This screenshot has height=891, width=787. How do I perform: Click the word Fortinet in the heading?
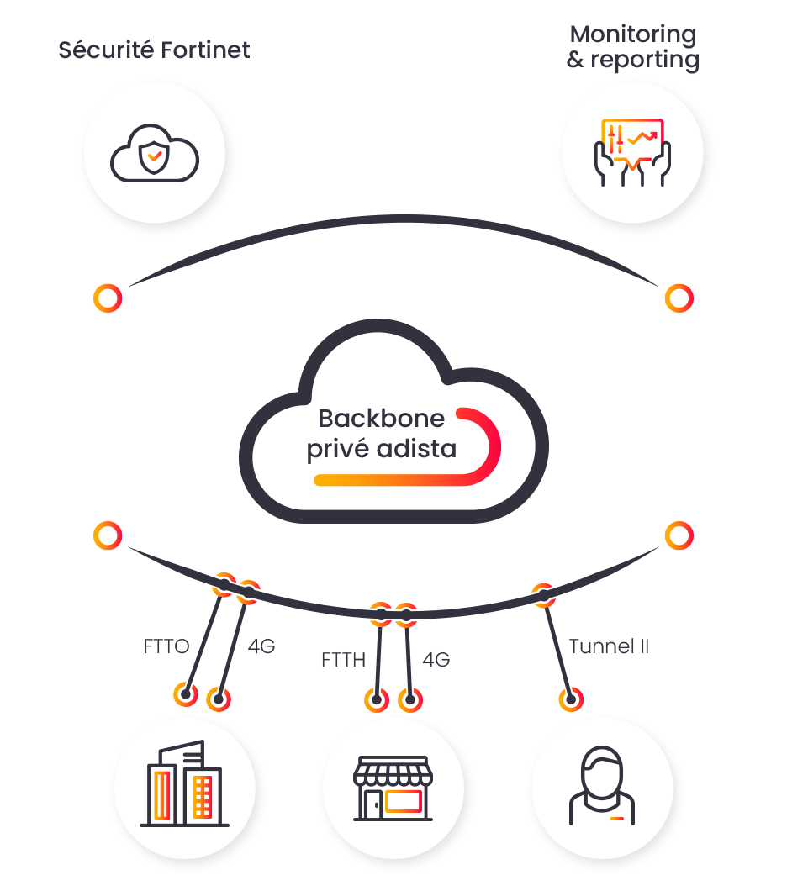click(205, 50)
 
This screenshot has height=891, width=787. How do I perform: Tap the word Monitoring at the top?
click(633, 35)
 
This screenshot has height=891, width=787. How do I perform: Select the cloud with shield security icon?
click(155, 153)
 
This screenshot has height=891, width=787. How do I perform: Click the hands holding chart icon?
click(632, 151)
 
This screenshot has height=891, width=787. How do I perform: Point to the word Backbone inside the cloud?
click(381, 419)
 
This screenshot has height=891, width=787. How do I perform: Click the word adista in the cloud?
click(416, 449)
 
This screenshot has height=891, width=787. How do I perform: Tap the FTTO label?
click(166, 646)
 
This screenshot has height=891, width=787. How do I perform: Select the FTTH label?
click(343, 660)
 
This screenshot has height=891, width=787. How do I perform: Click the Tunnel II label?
click(609, 646)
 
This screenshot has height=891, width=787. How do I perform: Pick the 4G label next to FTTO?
click(261, 646)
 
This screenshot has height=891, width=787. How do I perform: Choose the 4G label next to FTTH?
click(436, 660)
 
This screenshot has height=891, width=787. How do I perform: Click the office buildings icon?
click(185, 783)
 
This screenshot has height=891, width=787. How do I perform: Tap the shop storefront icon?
click(393, 788)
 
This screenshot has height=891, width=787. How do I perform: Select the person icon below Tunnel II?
click(602, 786)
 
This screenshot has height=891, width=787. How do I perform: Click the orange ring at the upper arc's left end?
click(108, 298)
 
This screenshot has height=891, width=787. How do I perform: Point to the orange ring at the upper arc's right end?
click(679, 298)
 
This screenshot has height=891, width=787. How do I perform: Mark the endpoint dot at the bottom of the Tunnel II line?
click(571, 699)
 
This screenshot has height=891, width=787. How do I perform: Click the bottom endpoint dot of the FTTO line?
click(186, 693)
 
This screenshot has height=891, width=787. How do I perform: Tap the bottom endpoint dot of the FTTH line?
click(377, 699)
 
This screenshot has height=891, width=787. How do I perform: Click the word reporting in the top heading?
click(645, 61)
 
